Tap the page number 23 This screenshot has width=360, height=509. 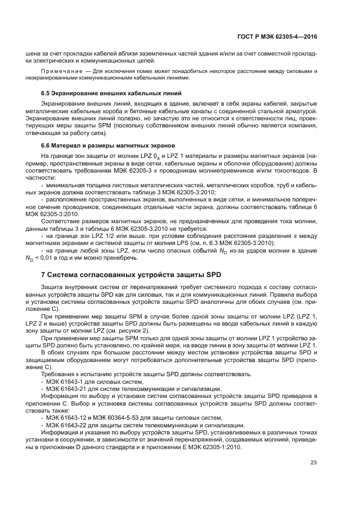coord(313,463)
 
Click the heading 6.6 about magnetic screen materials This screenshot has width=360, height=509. coord(108,145)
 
